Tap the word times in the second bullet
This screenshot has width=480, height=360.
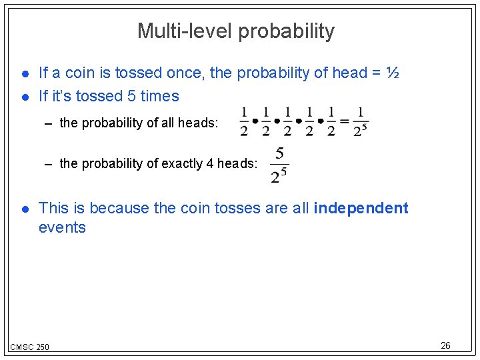(x=160, y=96)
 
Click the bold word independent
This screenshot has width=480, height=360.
(x=361, y=208)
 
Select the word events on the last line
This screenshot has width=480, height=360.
(x=62, y=227)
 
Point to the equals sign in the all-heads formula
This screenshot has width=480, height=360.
(x=345, y=121)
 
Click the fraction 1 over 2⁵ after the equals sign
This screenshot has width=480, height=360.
(x=361, y=121)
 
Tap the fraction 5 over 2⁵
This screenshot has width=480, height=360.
(x=279, y=165)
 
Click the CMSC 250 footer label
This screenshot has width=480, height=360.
(x=29, y=347)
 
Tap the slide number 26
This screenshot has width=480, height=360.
(x=446, y=345)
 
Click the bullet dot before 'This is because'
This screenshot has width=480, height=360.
(x=25, y=209)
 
